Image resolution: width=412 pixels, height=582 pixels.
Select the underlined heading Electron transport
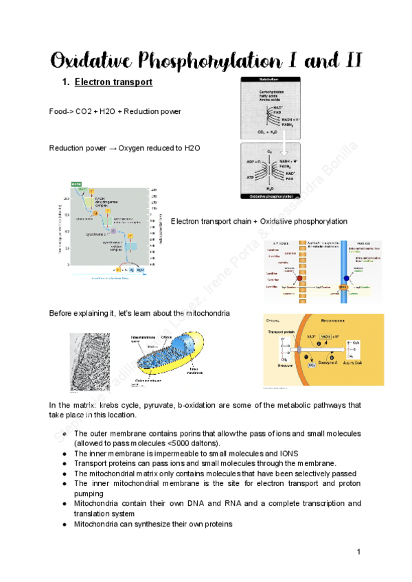[113, 83]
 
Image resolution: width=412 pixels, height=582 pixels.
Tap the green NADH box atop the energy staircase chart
[77, 185]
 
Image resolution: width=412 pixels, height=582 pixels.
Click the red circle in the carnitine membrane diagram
[282, 279]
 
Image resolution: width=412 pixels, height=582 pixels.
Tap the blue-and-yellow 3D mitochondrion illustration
[169, 356]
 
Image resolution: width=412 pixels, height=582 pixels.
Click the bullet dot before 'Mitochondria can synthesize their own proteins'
[63, 524]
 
